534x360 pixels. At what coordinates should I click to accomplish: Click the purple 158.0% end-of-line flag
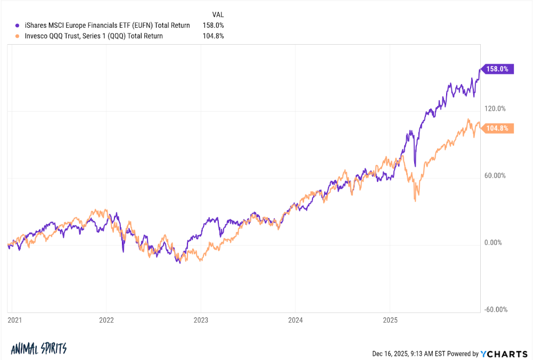(497, 69)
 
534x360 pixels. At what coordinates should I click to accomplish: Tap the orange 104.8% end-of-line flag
(497, 128)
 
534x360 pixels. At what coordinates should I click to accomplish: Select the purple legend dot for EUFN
(19, 25)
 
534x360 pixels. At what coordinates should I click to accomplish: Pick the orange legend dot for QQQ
(19, 36)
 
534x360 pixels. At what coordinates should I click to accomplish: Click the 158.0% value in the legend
(213, 25)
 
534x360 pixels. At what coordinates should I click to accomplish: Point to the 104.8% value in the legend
(213, 36)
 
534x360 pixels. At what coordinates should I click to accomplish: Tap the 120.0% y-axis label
(495, 109)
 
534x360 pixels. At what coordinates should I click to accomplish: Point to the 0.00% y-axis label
(493, 243)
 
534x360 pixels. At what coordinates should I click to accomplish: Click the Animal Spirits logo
(39, 349)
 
